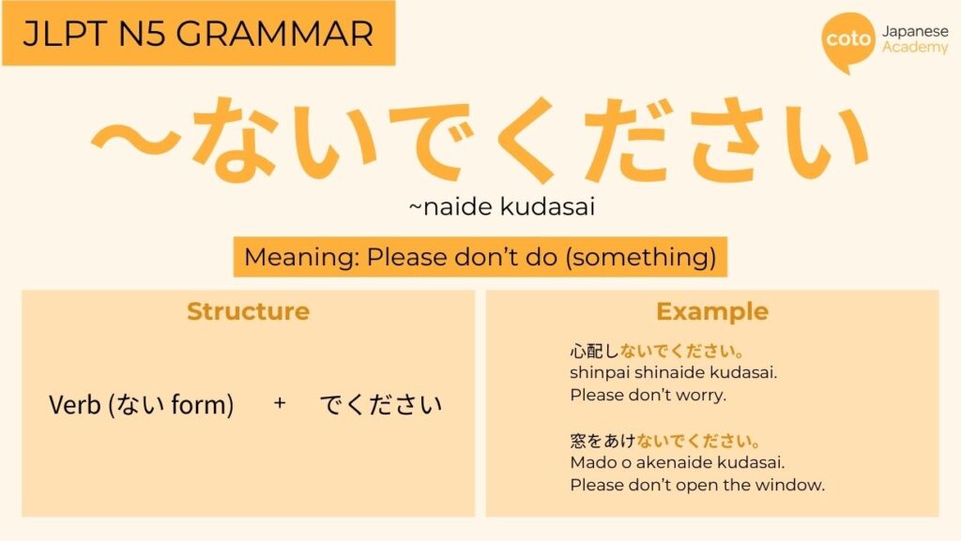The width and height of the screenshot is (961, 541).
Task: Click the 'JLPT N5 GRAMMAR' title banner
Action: [198, 34]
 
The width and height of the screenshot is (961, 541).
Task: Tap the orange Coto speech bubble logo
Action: [847, 41]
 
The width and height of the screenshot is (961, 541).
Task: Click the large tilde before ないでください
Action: [141, 139]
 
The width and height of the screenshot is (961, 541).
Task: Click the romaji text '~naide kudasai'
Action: [502, 207]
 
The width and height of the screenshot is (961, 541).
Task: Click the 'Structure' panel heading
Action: [248, 311]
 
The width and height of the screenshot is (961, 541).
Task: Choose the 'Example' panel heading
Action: [711, 311]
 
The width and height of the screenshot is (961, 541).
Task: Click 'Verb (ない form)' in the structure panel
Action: [141, 405]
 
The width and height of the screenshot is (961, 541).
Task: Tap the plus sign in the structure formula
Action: [280, 404]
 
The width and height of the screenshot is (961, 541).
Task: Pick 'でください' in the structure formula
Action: [380, 405]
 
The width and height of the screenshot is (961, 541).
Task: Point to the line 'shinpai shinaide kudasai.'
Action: [673, 373]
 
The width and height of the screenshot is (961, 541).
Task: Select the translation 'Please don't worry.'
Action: [648, 395]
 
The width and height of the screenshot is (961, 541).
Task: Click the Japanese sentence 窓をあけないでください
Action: [665, 441]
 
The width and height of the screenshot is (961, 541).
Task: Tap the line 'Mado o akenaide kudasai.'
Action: [677, 462]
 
